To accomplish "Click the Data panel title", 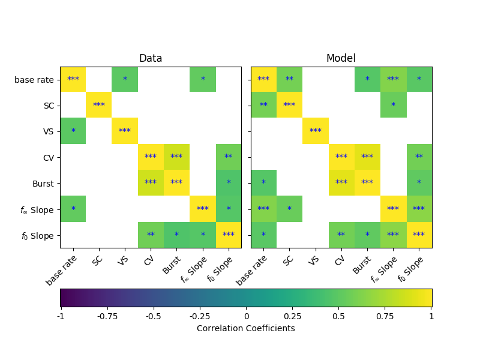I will click(x=151, y=58).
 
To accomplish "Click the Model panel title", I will click(x=341, y=58).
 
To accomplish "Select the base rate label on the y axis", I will click(x=34, y=79).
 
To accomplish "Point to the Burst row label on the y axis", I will click(x=42, y=183).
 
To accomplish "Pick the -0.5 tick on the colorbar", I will click(x=152, y=316).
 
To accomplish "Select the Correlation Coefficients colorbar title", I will click(x=246, y=328).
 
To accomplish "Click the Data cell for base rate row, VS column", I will click(x=125, y=79).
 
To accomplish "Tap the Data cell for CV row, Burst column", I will click(x=176, y=157).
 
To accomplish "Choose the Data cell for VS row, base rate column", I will click(x=73, y=131).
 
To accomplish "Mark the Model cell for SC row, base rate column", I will click(x=263, y=105).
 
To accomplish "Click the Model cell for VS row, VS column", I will click(x=316, y=131).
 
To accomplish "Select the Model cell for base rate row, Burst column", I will click(x=367, y=79).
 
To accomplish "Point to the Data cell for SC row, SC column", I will click(x=99, y=105).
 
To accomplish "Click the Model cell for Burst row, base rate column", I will click(x=263, y=183).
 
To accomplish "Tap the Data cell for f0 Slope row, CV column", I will click(x=151, y=235).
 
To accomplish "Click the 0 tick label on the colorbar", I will click(x=246, y=316).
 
